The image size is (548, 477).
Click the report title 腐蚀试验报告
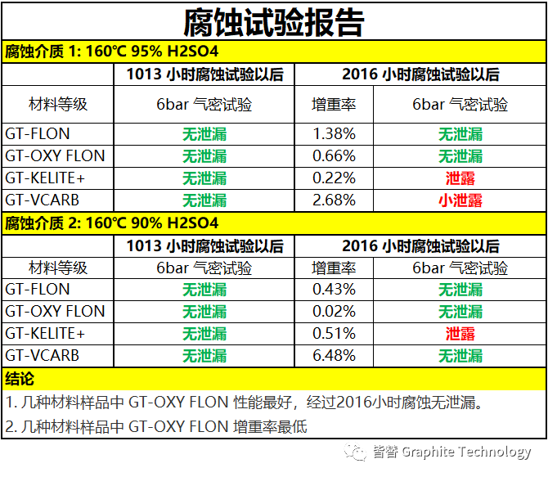click(x=273, y=20)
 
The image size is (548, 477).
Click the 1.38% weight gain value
click(x=334, y=133)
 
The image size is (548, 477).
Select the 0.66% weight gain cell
click(x=334, y=155)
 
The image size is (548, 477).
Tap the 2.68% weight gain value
click(x=334, y=200)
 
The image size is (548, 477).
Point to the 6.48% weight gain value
click(x=334, y=355)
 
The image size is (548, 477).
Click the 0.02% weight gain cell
click(x=334, y=311)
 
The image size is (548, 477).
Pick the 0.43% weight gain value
click(x=334, y=289)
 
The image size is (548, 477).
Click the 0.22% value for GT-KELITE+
click(x=334, y=178)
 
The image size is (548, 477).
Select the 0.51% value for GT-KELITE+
click(x=334, y=333)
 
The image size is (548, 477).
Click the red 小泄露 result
click(x=460, y=200)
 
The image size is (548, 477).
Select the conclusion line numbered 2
click(x=156, y=426)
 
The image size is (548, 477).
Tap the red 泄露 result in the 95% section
click(x=460, y=178)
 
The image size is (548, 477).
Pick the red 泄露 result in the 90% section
click(x=460, y=334)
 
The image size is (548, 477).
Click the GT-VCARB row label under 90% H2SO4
click(x=43, y=355)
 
